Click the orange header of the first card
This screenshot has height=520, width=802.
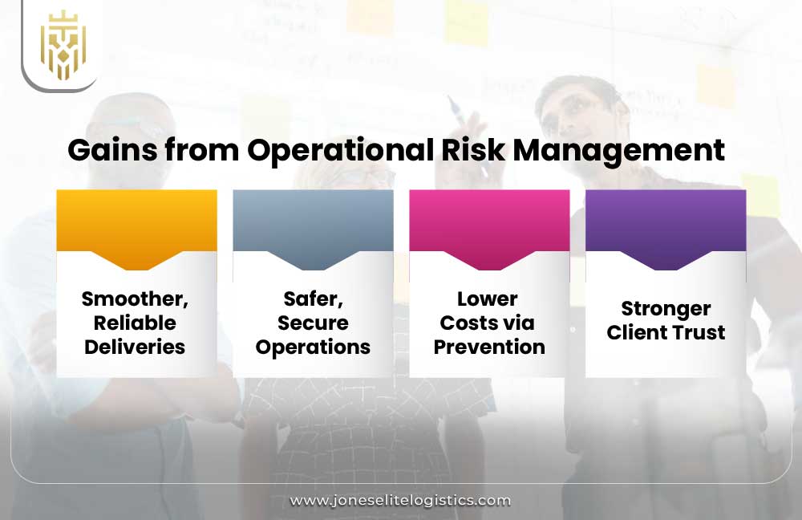136,221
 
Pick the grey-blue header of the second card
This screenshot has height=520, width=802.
313,221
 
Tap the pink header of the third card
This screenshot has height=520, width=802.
489,221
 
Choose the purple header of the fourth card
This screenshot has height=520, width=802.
666,221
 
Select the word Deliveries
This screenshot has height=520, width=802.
135,347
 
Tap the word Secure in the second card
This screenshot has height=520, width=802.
313,323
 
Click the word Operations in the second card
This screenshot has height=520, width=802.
313,347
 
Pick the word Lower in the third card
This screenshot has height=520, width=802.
488,299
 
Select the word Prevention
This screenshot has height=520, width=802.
489,347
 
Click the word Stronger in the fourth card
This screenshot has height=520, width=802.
666,309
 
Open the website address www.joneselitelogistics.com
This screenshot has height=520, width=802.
400,500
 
